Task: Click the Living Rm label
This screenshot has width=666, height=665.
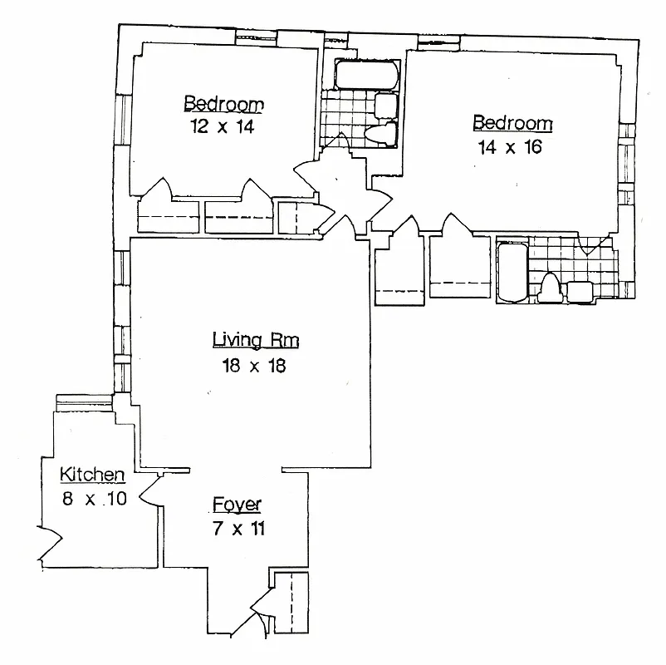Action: click(255, 340)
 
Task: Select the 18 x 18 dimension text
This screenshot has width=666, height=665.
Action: click(254, 366)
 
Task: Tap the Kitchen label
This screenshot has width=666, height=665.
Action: click(92, 475)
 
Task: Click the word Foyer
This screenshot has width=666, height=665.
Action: click(237, 504)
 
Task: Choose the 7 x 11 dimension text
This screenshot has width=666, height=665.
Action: click(237, 529)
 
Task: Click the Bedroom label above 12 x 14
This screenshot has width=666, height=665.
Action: click(223, 104)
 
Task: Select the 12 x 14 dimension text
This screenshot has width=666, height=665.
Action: click(223, 127)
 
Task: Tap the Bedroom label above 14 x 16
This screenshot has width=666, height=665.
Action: click(512, 124)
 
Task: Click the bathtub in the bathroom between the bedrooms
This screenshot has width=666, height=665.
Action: click(365, 76)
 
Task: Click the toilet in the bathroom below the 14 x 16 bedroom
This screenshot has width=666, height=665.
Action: click(550, 288)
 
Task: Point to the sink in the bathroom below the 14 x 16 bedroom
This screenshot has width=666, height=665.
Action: click(579, 291)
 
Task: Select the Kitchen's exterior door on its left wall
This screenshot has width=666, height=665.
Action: click(48, 541)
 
